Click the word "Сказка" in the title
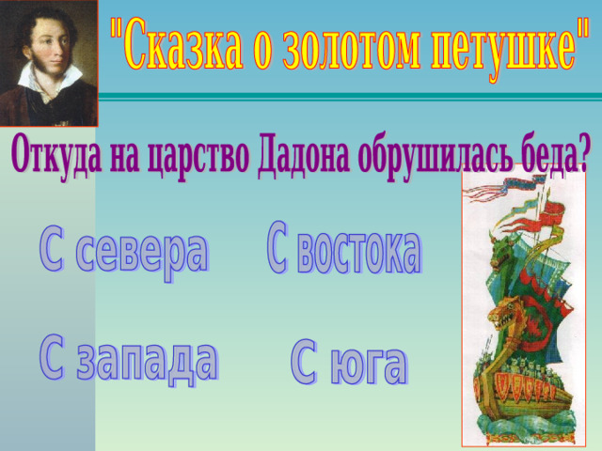[x=181, y=44]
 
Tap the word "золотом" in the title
[x=351, y=44]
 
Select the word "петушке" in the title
[x=504, y=48]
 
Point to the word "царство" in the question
[x=197, y=158]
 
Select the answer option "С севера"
[x=123, y=251]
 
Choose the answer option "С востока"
[x=344, y=248]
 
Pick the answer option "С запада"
[x=128, y=361]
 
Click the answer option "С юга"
[x=349, y=363]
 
